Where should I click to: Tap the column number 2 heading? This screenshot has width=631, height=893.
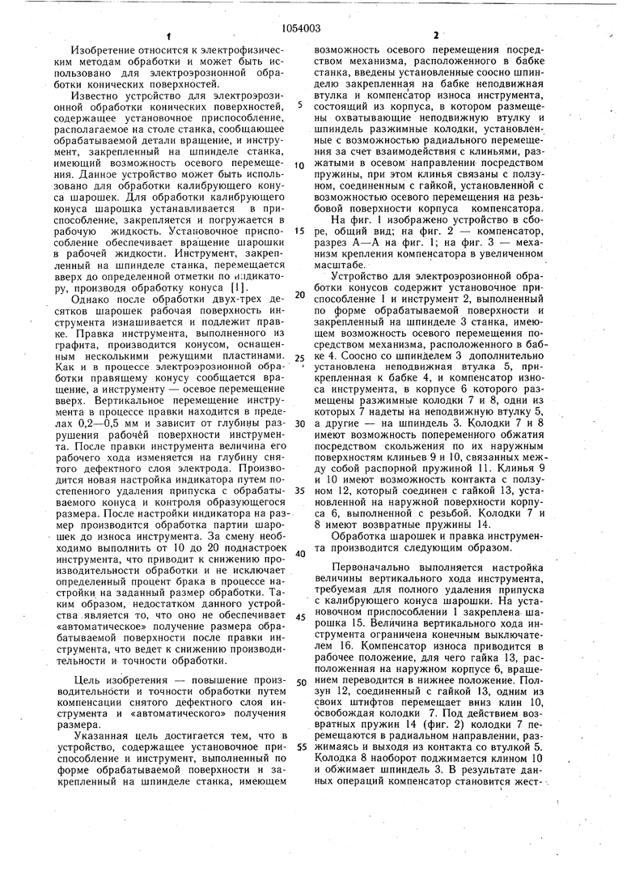click(435, 36)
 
